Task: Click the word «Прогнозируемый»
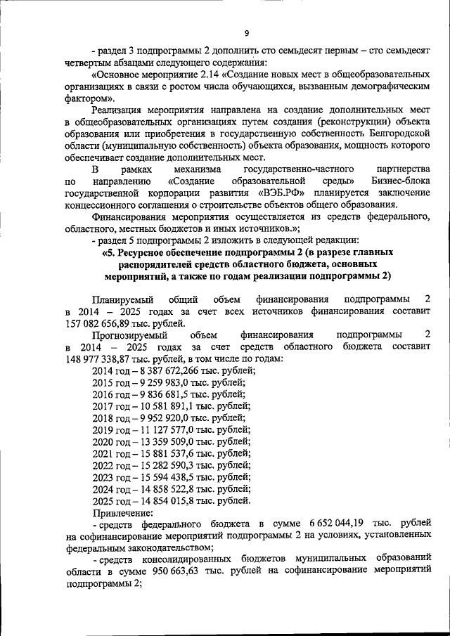(x=130, y=335)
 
